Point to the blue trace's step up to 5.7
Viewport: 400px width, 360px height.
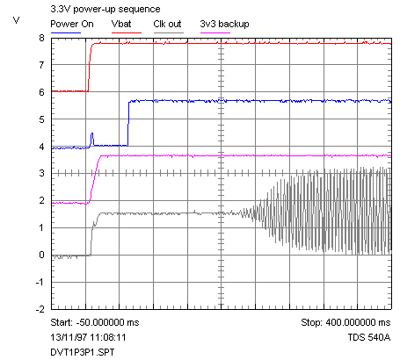tap(128, 123)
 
